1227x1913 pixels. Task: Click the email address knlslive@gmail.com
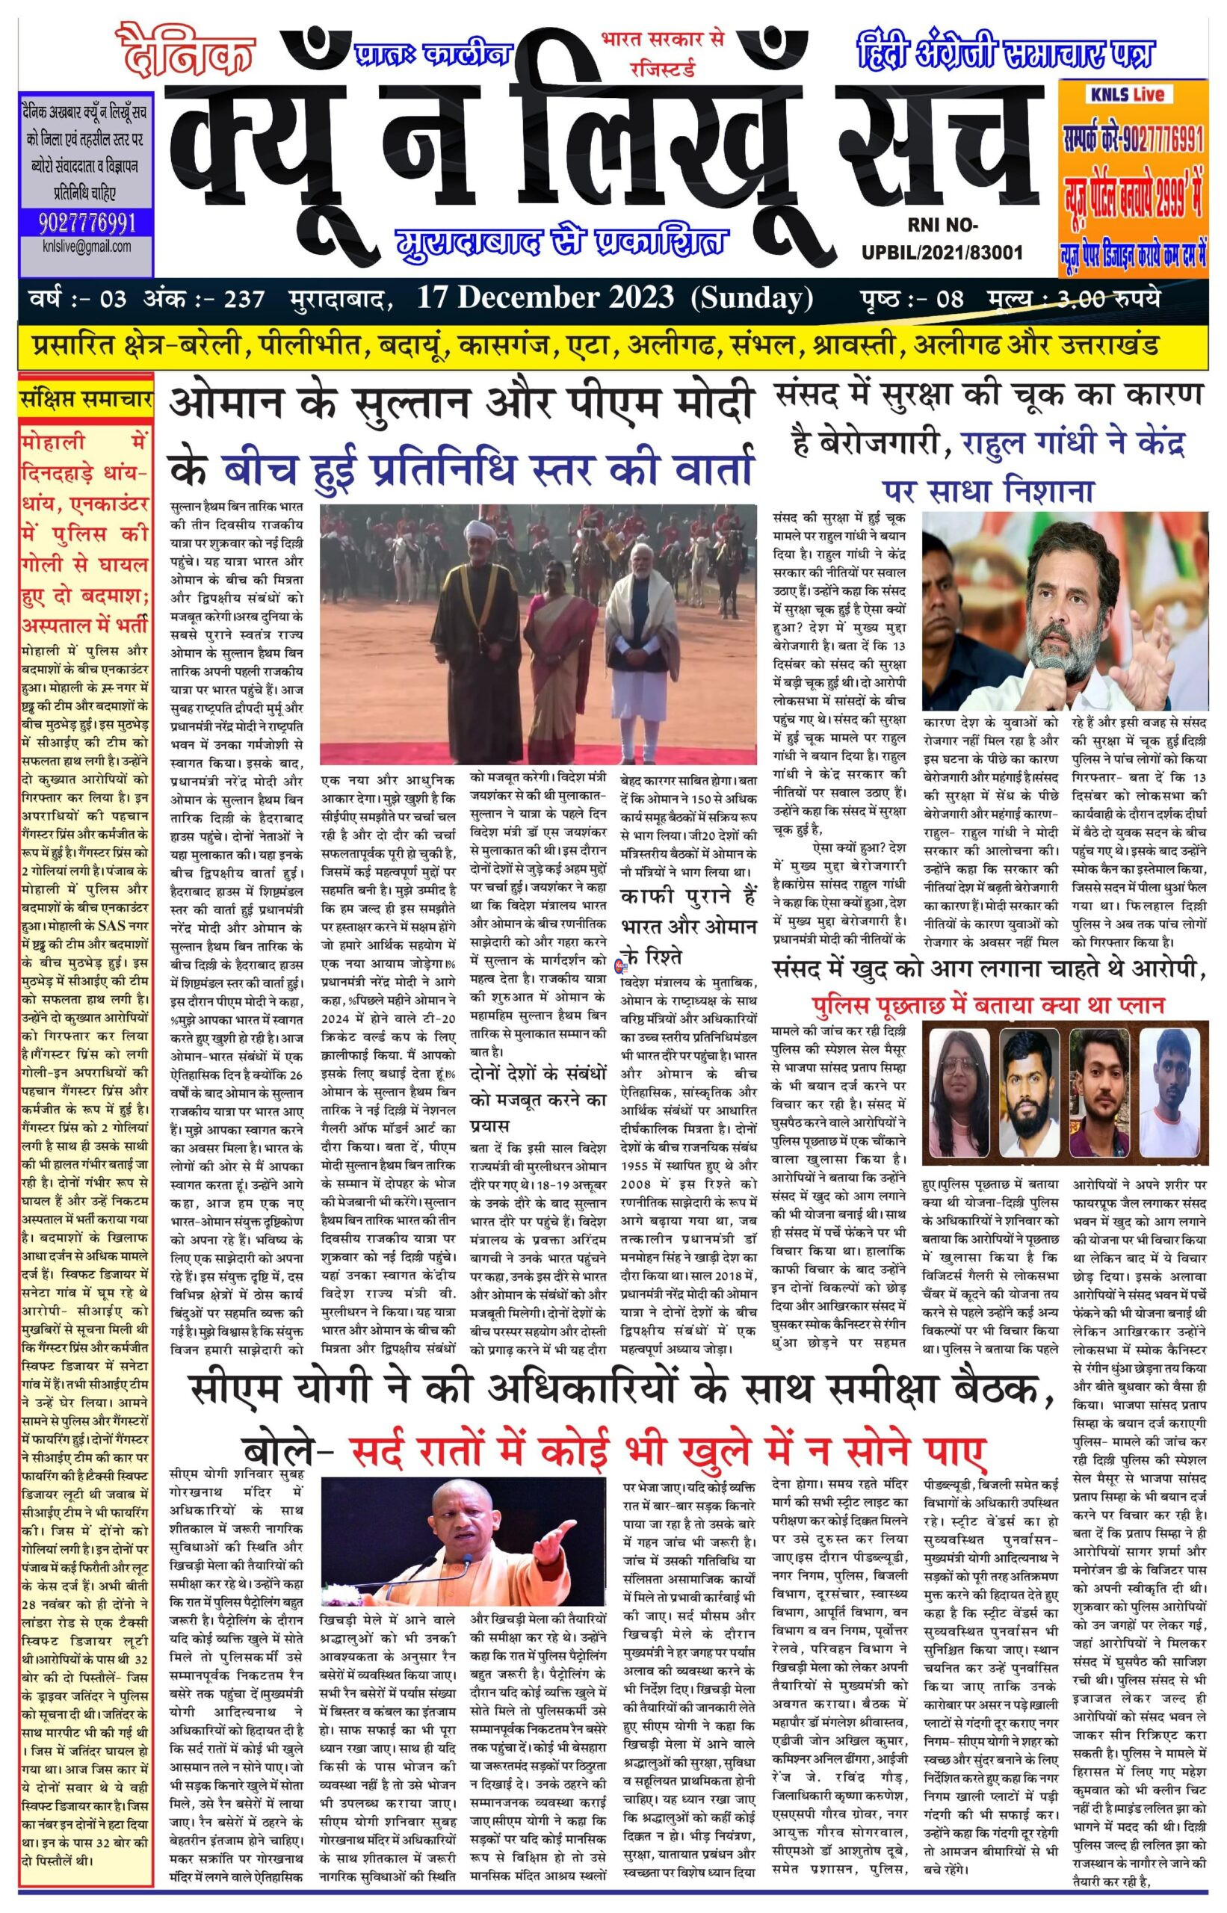pyautogui.click(x=86, y=246)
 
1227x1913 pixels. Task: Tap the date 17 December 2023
pyautogui.click(x=545, y=298)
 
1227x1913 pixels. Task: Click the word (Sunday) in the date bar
pyautogui.click(x=752, y=298)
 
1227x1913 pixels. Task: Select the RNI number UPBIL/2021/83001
pyautogui.click(x=942, y=253)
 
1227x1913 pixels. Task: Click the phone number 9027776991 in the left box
pyautogui.click(x=86, y=221)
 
